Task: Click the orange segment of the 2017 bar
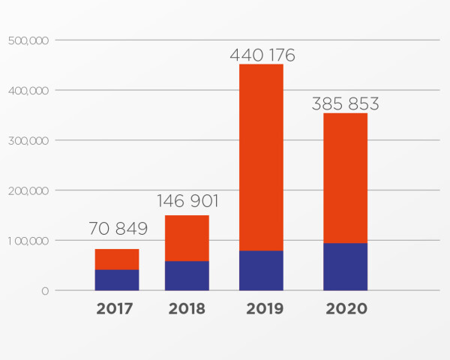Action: click(x=117, y=259)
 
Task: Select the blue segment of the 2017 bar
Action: click(x=117, y=280)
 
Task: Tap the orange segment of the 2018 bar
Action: click(x=187, y=238)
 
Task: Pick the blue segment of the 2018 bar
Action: click(x=187, y=275)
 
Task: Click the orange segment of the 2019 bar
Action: click(x=261, y=157)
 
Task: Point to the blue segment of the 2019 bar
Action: click(x=261, y=270)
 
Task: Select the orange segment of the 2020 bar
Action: click(x=345, y=178)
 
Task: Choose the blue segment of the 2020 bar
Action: click(x=345, y=266)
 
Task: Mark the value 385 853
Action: click(x=346, y=104)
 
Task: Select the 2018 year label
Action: click(x=187, y=309)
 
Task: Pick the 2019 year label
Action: click(x=262, y=309)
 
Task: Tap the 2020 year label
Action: click(x=346, y=309)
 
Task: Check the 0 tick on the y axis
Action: click(x=45, y=291)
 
